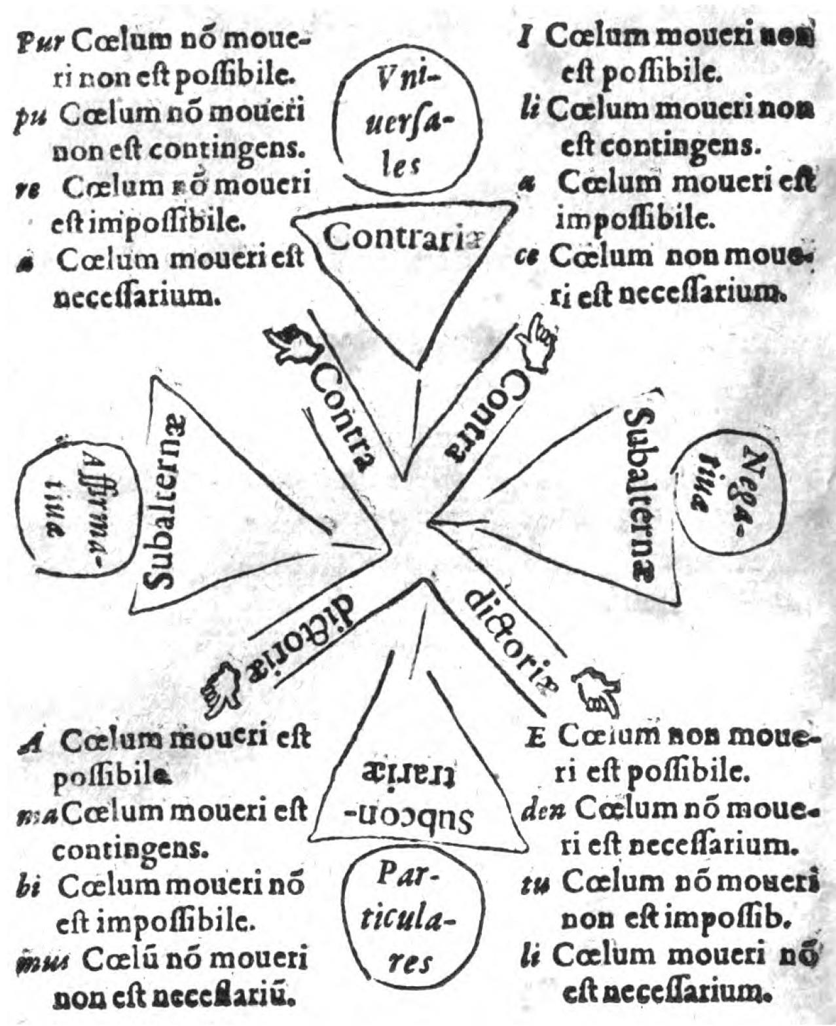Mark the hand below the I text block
(537, 338)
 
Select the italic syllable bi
(30, 889)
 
